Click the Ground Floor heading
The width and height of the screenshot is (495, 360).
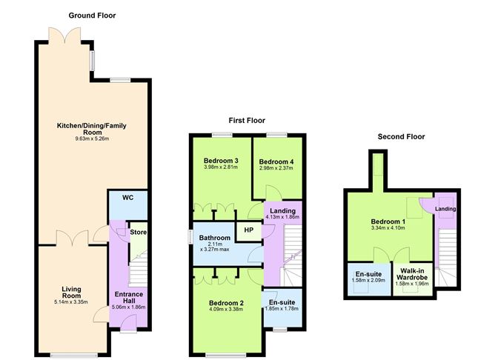click(92, 16)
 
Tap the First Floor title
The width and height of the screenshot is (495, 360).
click(247, 120)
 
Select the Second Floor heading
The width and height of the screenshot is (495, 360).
click(401, 136)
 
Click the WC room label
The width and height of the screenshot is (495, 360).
click(128, 198)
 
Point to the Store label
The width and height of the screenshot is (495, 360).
click(139, 232)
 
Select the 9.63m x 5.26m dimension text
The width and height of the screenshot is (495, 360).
click(92, 139)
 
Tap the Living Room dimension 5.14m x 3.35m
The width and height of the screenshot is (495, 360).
click(71, 302)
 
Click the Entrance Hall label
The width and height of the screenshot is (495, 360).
click(129, 298)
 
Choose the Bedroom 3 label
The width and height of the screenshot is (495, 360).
click(221, 161)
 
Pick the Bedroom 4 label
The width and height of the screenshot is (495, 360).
click(276, 162)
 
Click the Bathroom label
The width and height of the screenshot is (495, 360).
click(215, 238)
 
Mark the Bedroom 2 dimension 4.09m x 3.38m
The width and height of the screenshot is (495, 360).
click(226, 309)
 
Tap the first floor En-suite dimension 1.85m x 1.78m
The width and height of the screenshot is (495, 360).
click(282, 309)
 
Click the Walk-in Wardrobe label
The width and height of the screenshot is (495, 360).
click(412, 274)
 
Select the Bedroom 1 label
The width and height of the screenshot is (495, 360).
click(388, 221)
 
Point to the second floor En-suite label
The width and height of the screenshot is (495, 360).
click(368, 274)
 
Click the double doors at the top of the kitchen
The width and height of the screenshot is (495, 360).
click(64, 35)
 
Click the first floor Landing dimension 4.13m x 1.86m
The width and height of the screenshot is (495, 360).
click(282, 217)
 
